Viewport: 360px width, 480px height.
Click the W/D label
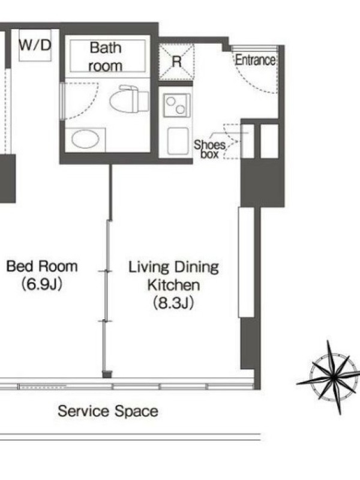tap(35, 46)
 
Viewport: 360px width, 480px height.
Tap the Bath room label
tap(106, 57)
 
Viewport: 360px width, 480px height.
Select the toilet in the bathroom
tap(129, 98)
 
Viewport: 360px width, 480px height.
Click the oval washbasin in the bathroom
tap(85, 139)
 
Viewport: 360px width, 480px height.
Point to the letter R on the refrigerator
tap(176, 62)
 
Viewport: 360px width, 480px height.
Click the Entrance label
tap(256, 60)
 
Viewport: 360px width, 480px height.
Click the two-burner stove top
tap(176, 106)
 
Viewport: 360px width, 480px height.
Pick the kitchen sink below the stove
tap(178, 141)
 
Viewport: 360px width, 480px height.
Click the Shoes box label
tap(209, 149)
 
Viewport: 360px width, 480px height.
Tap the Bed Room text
tap(42, 266)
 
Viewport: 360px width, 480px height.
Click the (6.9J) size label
tap(42, 284)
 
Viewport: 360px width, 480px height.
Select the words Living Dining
tap(173, 267)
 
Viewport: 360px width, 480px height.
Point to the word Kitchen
tap(173, 285)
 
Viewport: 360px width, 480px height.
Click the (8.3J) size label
tap(173, 303)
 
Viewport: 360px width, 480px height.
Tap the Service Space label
tap(108, 411)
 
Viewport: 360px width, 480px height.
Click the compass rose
tap(332, 377)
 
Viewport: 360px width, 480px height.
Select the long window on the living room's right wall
tap(246, 262)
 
